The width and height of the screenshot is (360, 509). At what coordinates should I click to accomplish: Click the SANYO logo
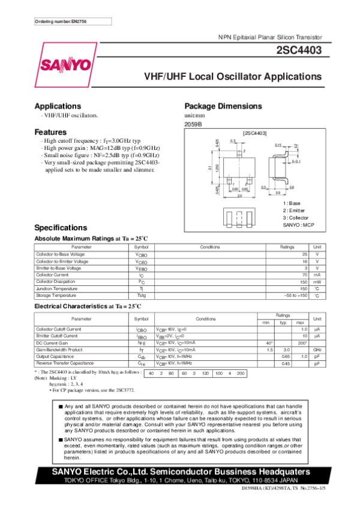tap(67, 65)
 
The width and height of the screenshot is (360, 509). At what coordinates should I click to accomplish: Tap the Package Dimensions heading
tap(223, 106)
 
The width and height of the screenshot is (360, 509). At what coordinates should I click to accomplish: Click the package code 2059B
tap(193, 124)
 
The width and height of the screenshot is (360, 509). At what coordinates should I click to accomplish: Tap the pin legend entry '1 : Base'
tap(292, 203)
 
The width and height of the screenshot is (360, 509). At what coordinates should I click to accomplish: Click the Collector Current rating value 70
tap(304, 275)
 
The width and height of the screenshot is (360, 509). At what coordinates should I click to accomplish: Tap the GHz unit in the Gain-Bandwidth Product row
tap(317, 349)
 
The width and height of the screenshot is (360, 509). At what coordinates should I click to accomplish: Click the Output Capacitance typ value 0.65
tap(286, 356)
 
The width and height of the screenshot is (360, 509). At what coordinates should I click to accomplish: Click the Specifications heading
tap(61, 228)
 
